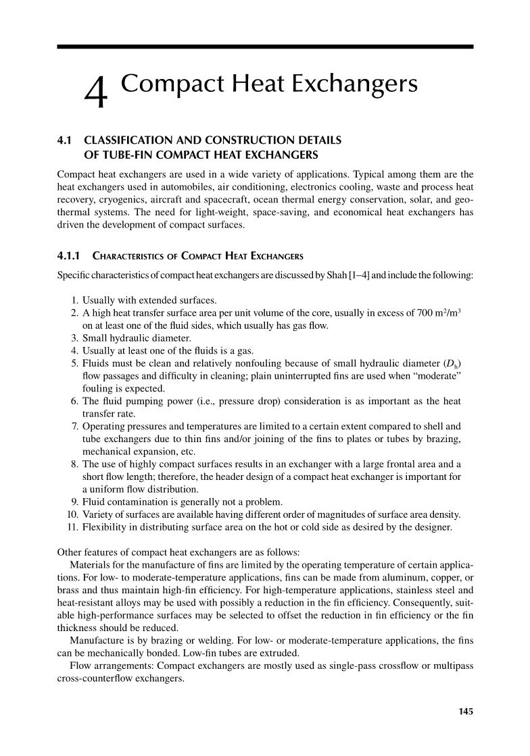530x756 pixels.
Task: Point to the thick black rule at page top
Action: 265,46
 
